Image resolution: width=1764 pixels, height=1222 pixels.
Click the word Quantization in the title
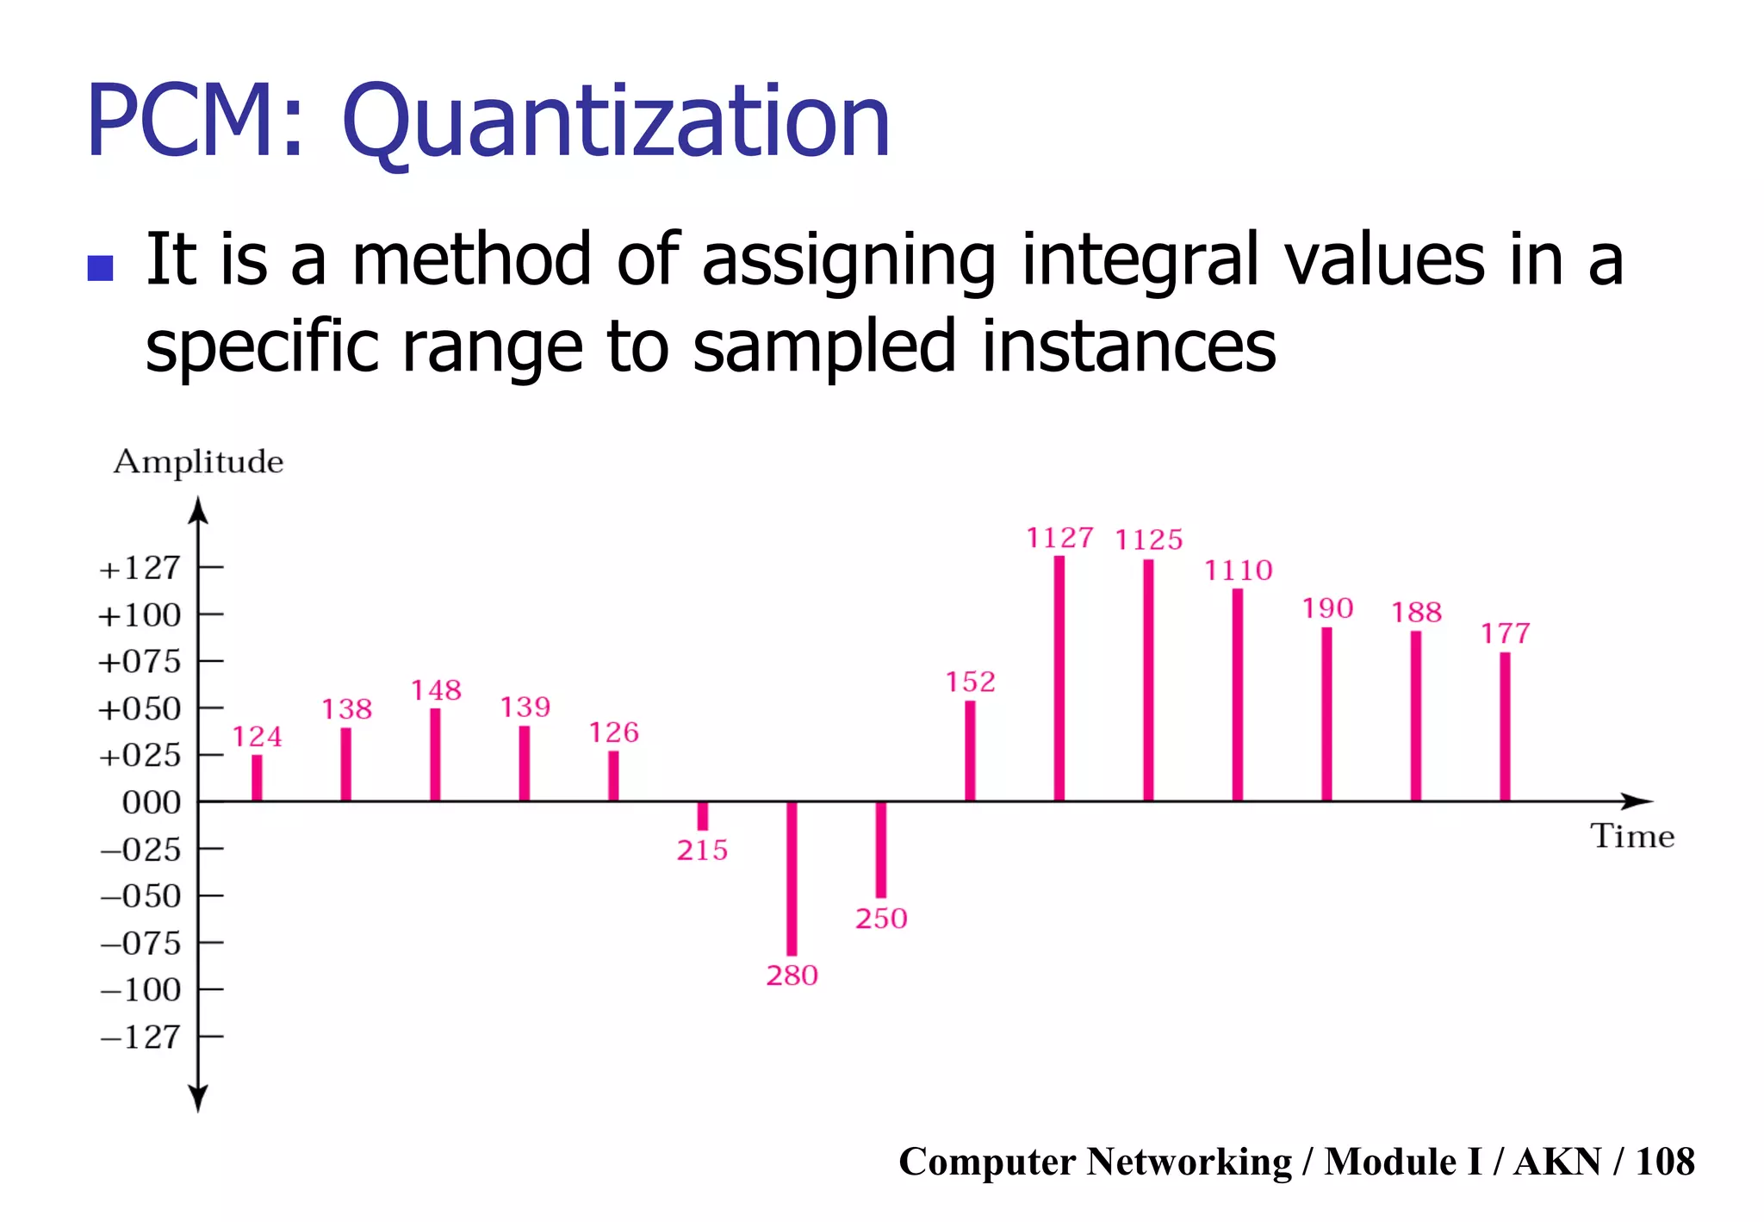coord(616,122)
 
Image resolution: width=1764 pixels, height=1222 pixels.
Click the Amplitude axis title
coord(198,462)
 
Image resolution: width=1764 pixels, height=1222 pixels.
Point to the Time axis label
coord(1631,836)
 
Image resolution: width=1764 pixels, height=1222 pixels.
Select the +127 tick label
coord(140,568)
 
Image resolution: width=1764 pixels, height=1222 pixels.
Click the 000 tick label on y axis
coord(152,802)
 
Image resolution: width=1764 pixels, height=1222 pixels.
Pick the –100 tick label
coord(140,989)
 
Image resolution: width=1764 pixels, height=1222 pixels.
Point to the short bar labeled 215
coord(703,815)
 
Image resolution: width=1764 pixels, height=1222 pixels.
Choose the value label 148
coord(436,690)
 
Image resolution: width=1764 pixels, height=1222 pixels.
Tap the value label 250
coord(881,918)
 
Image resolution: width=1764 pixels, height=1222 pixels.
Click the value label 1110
coord(1238,570)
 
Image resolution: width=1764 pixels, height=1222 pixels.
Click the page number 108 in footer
coord(1664,1161)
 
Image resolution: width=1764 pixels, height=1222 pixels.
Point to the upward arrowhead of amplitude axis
coord(198,509)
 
